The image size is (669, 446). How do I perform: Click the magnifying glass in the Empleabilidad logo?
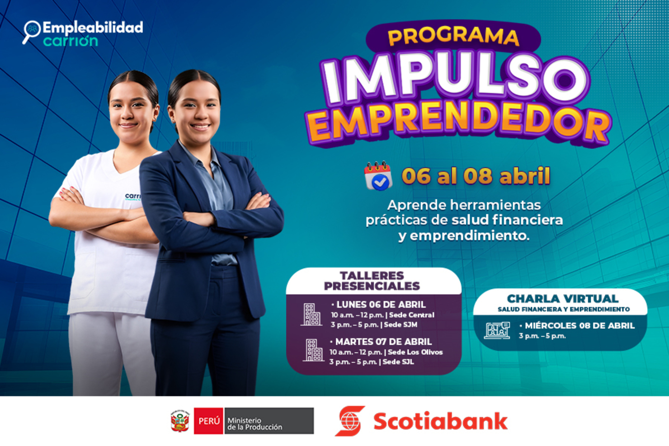32,31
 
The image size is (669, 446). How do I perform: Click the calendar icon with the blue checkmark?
378,176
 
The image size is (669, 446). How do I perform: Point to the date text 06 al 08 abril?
476,176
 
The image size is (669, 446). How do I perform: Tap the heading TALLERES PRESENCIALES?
372,281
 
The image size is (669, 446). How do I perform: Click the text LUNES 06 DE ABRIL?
381,305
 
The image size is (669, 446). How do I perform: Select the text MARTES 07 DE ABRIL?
383,342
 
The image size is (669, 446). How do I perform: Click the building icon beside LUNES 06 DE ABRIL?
311,315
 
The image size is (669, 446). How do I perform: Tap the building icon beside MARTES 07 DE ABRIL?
313,350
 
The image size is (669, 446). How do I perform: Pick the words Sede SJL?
398,362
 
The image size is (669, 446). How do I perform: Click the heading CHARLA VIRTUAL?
562,299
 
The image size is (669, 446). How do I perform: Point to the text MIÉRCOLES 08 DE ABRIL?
579,325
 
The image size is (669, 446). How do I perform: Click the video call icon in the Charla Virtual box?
497,330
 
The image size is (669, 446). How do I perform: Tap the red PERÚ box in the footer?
208,421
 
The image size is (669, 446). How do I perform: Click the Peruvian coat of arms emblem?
180,421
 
